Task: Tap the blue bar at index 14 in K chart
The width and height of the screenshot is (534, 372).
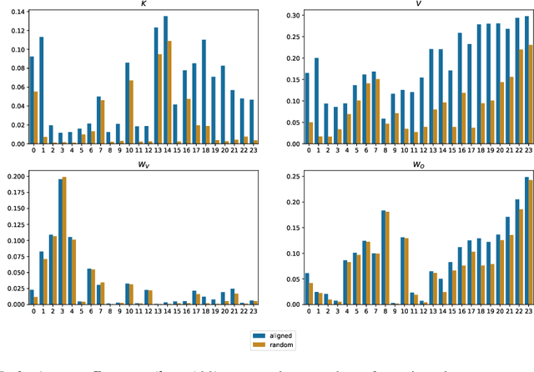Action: (165, 80)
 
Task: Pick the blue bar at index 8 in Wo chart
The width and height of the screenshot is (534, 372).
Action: (383, 257)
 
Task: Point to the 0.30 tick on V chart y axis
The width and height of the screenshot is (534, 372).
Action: (289, 16)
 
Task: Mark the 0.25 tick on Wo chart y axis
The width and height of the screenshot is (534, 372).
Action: (289, 176)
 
